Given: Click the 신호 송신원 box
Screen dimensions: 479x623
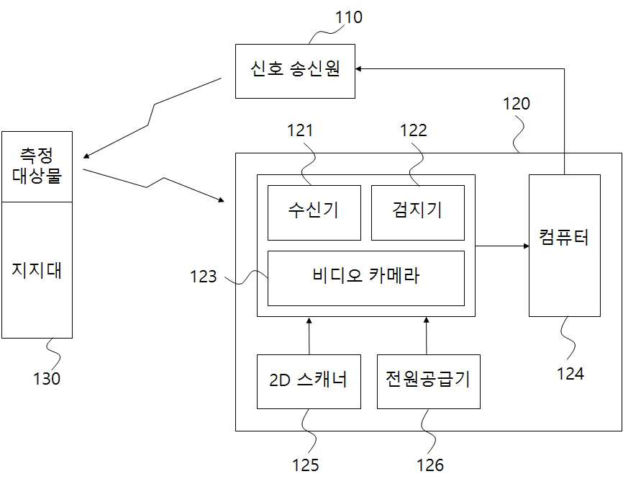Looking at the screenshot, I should point(295,71).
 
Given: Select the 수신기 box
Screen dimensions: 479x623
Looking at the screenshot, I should point(314,212).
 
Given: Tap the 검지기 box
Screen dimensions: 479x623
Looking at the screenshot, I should point(417,212).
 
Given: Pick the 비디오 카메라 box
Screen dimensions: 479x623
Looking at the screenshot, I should point(365,277).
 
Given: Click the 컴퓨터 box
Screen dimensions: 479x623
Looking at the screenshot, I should point(564,245).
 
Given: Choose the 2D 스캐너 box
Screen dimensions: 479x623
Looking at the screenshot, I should point(309,381).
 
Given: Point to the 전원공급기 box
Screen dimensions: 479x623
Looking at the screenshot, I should point(427,381).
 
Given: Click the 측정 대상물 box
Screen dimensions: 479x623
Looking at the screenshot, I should point(37,166).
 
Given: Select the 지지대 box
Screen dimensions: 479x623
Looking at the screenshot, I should point(37,270).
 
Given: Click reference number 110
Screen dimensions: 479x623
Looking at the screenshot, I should point(348,17).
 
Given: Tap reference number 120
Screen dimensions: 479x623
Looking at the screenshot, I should point(516,104).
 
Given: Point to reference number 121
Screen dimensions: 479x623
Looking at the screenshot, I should point(300,130).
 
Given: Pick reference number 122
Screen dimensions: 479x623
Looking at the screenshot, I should point(413,130).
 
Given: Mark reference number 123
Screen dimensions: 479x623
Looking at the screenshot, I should point(204,277).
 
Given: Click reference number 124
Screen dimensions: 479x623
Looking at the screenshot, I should point(570,373).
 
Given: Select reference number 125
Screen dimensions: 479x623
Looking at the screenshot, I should point(305,465).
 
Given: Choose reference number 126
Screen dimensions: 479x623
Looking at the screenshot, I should point(430,465).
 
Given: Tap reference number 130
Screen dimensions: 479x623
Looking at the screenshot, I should point(46,378).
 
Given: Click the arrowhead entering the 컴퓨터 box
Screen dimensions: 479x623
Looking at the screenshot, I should point(524,246).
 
